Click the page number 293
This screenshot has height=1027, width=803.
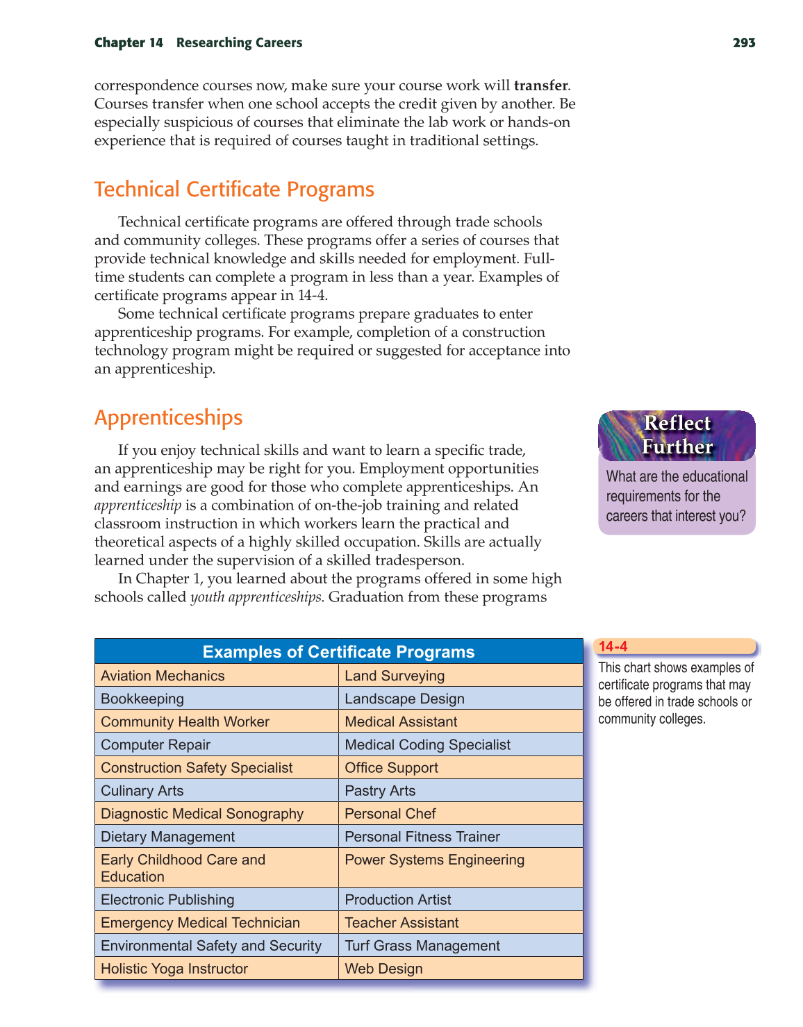coord(743,43)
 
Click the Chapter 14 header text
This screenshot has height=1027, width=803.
coord(129,43)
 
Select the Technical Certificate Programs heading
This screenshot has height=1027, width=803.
coord(234,190)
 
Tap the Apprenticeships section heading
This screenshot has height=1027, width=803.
coord(168,417)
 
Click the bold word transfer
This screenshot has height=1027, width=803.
coord(540,86)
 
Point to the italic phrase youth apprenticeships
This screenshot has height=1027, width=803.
coord(256,597)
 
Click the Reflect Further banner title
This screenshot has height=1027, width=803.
coord(677,435)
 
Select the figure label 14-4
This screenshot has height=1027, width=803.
coord(613,646)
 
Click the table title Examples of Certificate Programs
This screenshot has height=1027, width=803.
coord(338,652)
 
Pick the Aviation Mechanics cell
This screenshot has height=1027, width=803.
coord(163,676)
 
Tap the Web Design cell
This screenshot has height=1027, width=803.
coord(383,969)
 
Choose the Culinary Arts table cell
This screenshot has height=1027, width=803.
coord(142,791)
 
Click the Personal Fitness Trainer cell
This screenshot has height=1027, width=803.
coord(422,837)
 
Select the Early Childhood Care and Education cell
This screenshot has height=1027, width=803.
coord(183,868)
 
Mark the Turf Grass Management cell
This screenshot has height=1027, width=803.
coord(422,946)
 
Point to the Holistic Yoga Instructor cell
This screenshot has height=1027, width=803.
coord(174,969)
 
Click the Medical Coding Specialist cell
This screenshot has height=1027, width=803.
coord(427,745)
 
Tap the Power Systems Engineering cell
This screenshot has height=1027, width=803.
coord(434,860)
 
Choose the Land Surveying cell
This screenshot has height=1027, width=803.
coord(395,676)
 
